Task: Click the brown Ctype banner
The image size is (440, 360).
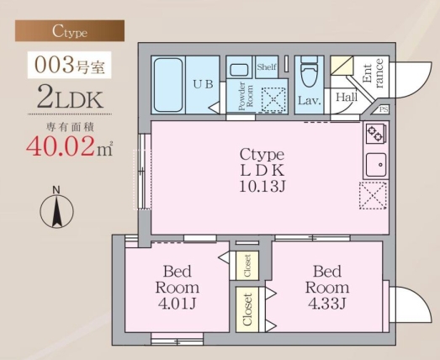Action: pyautogui.click(x=70, y=31)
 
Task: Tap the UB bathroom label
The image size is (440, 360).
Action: pyautogui.click(x=203, y=83)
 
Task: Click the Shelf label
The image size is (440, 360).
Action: pyautogui.click(x=267, y=67)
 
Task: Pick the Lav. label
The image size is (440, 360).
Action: pyautogui.click(x=308, y=101)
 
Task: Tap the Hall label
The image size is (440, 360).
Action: pyautogui.click(x=347, y=98)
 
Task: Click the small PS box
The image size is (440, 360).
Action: pyautogui.click(x=384, y=110)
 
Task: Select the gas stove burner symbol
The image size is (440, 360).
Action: pyautogui.click(x=374, y=134)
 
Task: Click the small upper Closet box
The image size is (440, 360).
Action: pyautogui.click(x=247, y=265)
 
